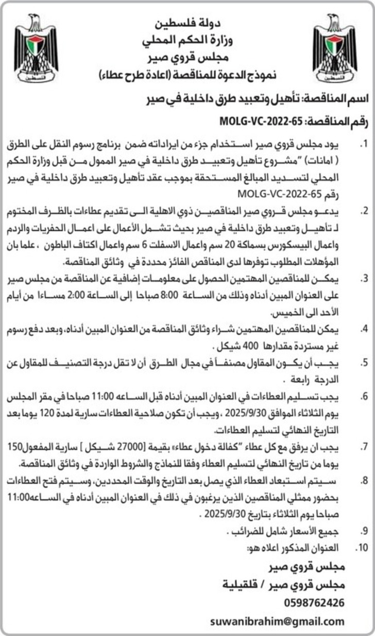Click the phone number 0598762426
point(314,602)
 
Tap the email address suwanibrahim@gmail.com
point(278,621)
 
